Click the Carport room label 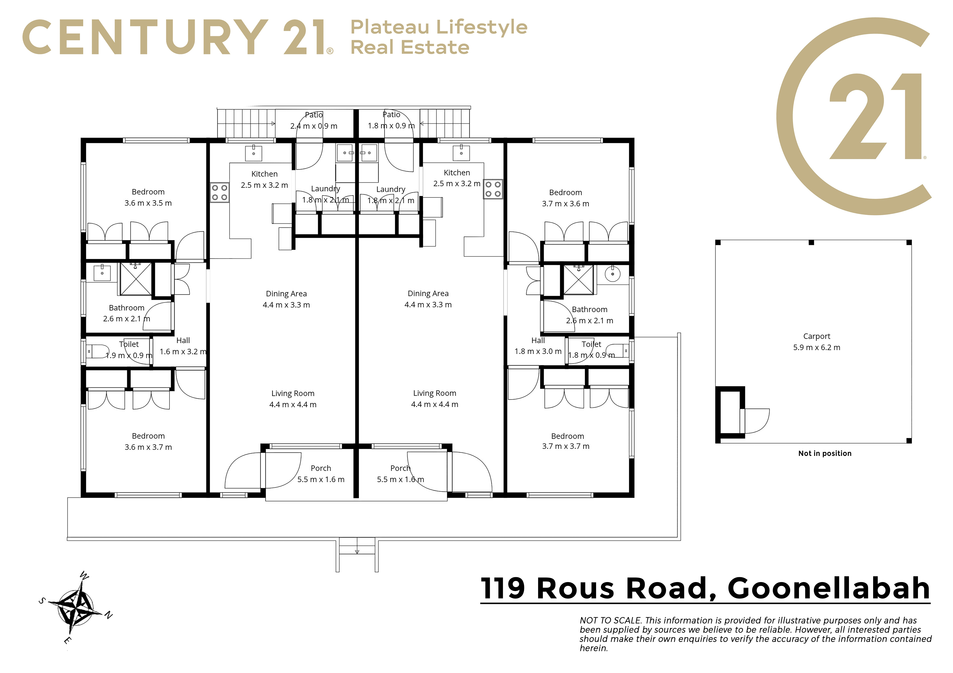(816, 336)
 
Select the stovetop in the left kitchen (220, 192)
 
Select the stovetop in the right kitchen (493, 189)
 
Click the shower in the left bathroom (136, 279)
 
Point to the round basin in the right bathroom (612, 274)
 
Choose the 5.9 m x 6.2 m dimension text (816, 347)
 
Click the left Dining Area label (286, 294)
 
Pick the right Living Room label (435, 393)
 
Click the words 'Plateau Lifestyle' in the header (439, 27)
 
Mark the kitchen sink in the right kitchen (461, 153)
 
